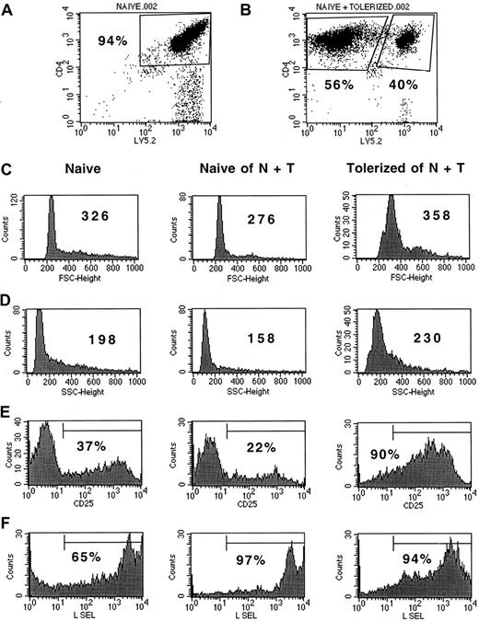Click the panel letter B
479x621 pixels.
tap(257, 12)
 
